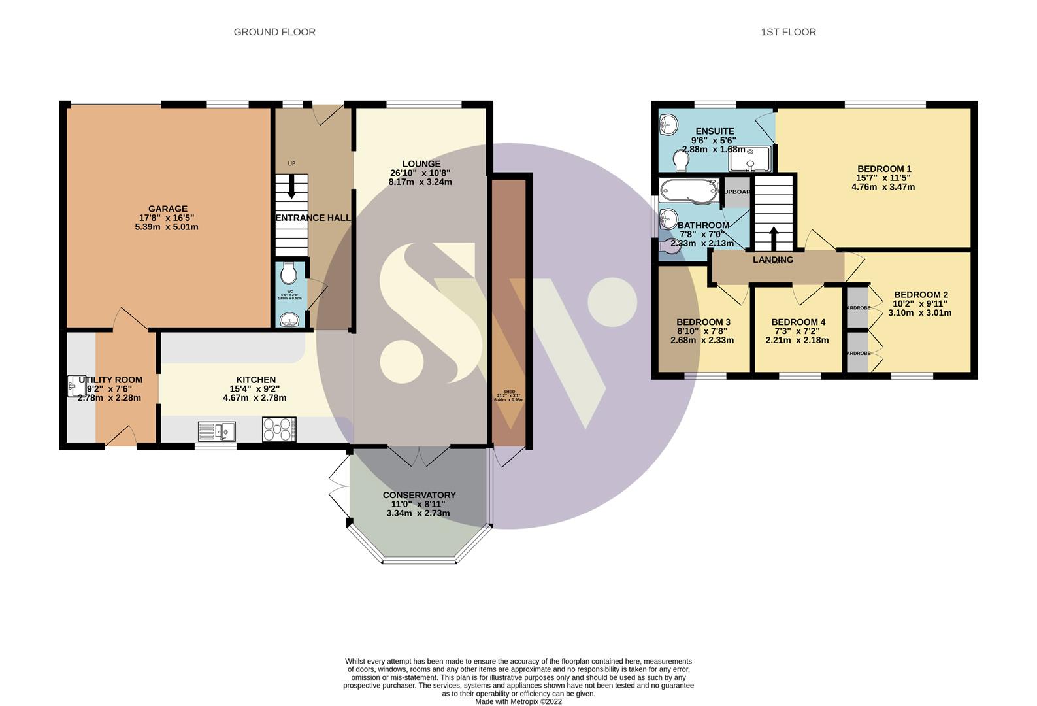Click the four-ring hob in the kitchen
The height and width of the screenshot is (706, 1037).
pyautogui.click(x=279, y=429)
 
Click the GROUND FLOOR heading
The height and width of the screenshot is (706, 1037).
pyautogui.click(x=274, y=32)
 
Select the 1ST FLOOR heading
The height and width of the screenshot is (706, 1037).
pyautogui.click(x=788, y=32)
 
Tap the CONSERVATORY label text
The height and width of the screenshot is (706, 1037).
pyautogui.click(x=419, y=496)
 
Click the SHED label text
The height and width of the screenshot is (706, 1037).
pyautogui.click(x=509, y=392)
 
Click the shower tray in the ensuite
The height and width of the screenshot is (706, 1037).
pyautogui.click(x=754, y=158)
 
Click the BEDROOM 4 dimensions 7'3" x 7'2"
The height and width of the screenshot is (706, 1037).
pyautogui.click(x=798, y=331)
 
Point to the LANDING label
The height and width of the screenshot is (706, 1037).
pyautogui.click(x=773, y=260)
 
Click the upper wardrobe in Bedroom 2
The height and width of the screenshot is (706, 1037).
pyautogui.click(x=857, y=307)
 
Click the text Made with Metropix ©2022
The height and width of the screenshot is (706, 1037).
pyautogui.click(x=518, y=701)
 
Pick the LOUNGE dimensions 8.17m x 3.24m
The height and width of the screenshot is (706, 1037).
pyautogui.click(x=420, y=182)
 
